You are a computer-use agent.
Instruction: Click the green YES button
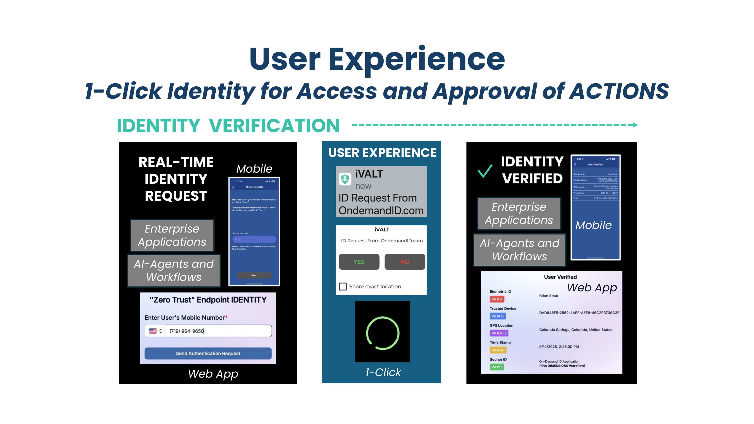(359, 262)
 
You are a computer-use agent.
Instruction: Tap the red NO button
(404, 262)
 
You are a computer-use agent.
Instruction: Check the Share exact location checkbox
(342, 286)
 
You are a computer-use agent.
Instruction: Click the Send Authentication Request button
(208, 354)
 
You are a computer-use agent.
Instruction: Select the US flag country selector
(155, 331)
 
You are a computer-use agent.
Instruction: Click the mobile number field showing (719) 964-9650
(218, 331)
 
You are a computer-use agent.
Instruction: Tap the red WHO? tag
(497, 299)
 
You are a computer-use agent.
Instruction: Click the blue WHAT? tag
(498, 316)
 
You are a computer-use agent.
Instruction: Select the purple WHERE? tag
(499, 333)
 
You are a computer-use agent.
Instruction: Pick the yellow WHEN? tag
(498, 350)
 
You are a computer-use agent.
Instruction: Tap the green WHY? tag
(497, 367)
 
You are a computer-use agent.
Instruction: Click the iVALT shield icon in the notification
(345, 179)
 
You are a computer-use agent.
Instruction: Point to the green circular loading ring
(382, 333)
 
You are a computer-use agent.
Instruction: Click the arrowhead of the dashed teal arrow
(635, 125)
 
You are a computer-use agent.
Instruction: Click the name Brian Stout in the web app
(549, 296)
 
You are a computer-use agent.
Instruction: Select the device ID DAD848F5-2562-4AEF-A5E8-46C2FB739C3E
(579, 313)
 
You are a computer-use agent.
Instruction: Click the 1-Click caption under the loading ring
(383, 372)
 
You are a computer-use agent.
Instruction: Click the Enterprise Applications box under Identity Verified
(519, 214)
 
